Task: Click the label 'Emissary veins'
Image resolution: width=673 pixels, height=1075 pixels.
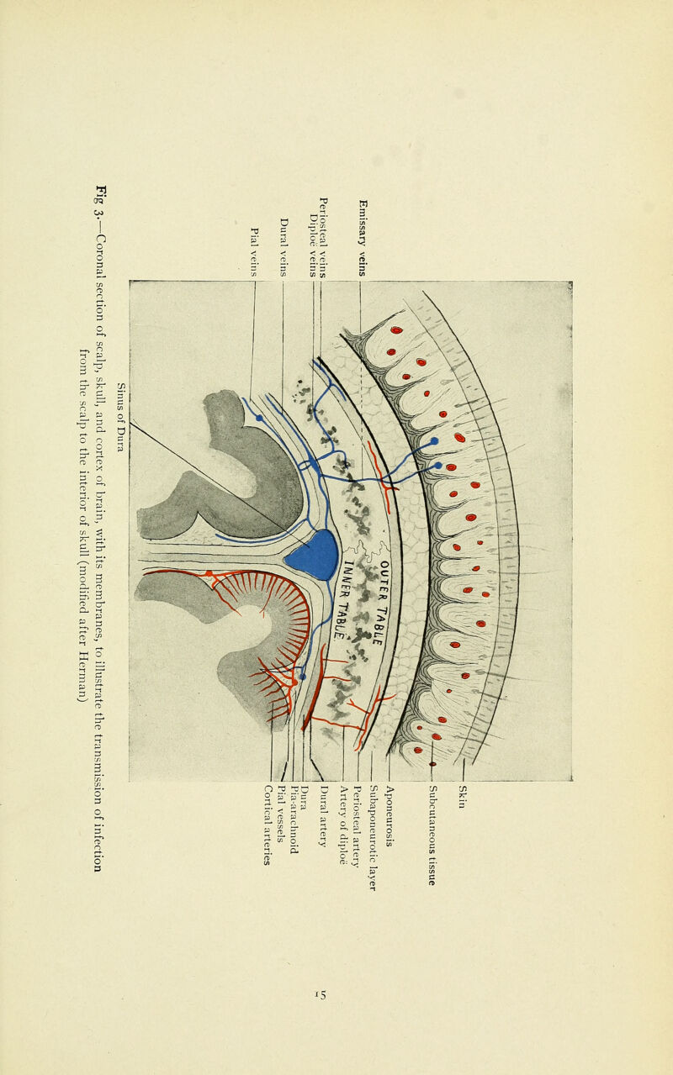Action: click(363, 238)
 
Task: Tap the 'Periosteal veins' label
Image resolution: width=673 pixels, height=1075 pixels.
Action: click(323, 238)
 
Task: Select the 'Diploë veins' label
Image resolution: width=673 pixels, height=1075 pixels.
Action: click(313, 245)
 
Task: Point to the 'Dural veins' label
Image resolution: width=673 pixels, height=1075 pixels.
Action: click(284, 247)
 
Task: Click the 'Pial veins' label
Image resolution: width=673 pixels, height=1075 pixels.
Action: click(255, 252)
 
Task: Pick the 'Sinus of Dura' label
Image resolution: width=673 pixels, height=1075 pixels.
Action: click(120, 417)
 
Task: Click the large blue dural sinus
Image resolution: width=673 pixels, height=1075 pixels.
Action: click(313, 554)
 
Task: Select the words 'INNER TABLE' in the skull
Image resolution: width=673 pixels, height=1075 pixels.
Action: click(343, 600)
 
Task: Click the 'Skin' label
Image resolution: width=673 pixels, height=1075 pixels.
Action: click(462, 797)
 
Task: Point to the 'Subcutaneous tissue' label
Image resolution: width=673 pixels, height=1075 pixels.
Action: click(432, 835)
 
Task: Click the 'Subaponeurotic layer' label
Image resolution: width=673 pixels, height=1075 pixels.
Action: click(373, 837)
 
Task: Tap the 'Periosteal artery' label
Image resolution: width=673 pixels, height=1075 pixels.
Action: click(357, 826)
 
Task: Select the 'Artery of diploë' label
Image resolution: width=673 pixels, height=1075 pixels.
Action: click(343, 825)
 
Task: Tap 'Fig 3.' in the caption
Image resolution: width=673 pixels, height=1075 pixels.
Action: click(100, 201)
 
